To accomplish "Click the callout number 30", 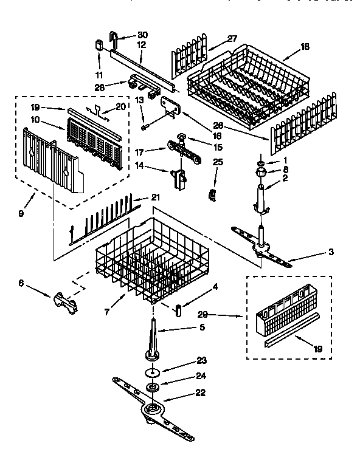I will point(143,35).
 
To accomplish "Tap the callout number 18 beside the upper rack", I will point(305,46).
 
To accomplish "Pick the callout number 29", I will point(204,315).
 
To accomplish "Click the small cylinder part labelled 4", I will point(180,308).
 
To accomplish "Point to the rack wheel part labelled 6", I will point(66,300).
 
